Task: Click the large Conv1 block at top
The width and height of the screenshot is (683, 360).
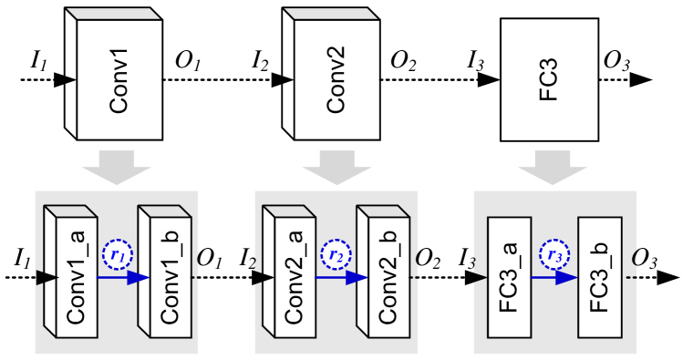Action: coord(119,80)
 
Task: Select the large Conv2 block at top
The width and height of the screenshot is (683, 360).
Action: coord(336,80)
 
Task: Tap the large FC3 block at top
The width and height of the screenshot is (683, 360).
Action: coord(549,80)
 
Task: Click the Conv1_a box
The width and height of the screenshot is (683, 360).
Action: coord(76,278)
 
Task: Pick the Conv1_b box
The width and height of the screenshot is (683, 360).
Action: coord(169,278)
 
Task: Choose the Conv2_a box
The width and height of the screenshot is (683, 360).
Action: coord(295,278)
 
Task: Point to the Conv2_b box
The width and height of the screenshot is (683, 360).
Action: coord(388,278)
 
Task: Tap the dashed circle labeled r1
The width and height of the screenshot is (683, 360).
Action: coord(118,255)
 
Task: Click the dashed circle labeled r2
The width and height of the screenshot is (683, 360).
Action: coord(336,255)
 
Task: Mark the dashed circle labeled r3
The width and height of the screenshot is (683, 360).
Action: coord(554,255)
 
